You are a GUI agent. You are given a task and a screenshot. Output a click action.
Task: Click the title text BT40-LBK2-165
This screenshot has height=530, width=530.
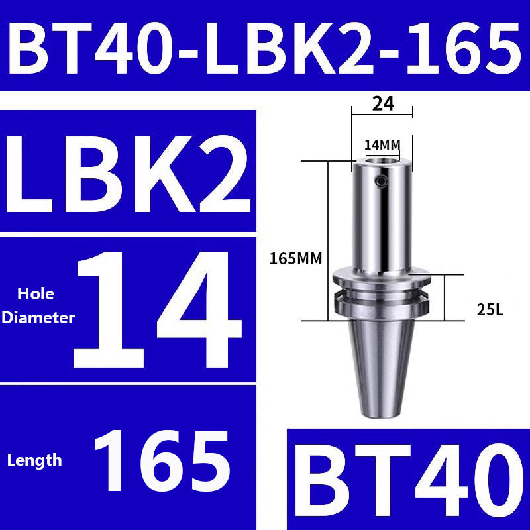pos(265,45)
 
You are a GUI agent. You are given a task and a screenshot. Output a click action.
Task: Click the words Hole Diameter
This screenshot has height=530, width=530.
pos(38,305)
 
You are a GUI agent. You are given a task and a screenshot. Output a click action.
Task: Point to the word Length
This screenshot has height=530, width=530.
pos(34,460)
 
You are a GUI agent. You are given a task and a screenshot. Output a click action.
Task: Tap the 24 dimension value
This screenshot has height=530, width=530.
pos(382,103)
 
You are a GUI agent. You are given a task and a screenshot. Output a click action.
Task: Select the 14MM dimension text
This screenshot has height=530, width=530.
pos(382,144)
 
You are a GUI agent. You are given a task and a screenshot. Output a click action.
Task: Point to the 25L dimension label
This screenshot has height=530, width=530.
pos(490,308)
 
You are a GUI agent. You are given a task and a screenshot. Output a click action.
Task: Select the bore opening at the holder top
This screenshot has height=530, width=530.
pos(382,160)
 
